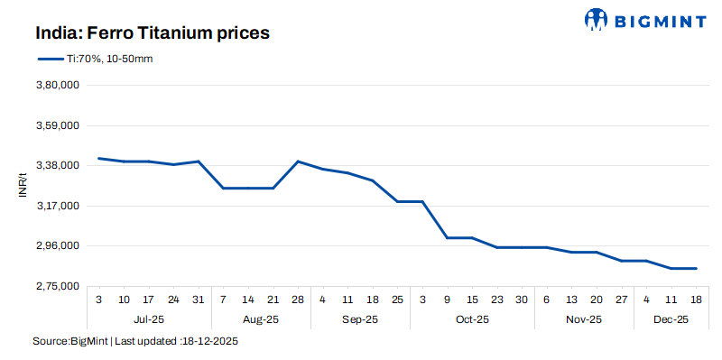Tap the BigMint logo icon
[597, 19]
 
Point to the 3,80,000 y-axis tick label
[56, 86]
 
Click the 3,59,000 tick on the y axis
[56, 125]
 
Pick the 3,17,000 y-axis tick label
[56, 206]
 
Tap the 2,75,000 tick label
[56, 286]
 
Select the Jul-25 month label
[148, 319]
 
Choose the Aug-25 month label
[261, 319]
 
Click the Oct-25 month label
[472, 319]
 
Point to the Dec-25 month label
[671, 319]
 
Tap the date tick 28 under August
[298, 299]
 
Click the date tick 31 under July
[199, 299]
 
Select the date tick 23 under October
[497, 299]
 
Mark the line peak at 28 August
[298, 162]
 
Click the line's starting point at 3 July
[98, 158]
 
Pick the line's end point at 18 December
[696, 268]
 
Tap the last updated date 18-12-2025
[209, 342]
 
